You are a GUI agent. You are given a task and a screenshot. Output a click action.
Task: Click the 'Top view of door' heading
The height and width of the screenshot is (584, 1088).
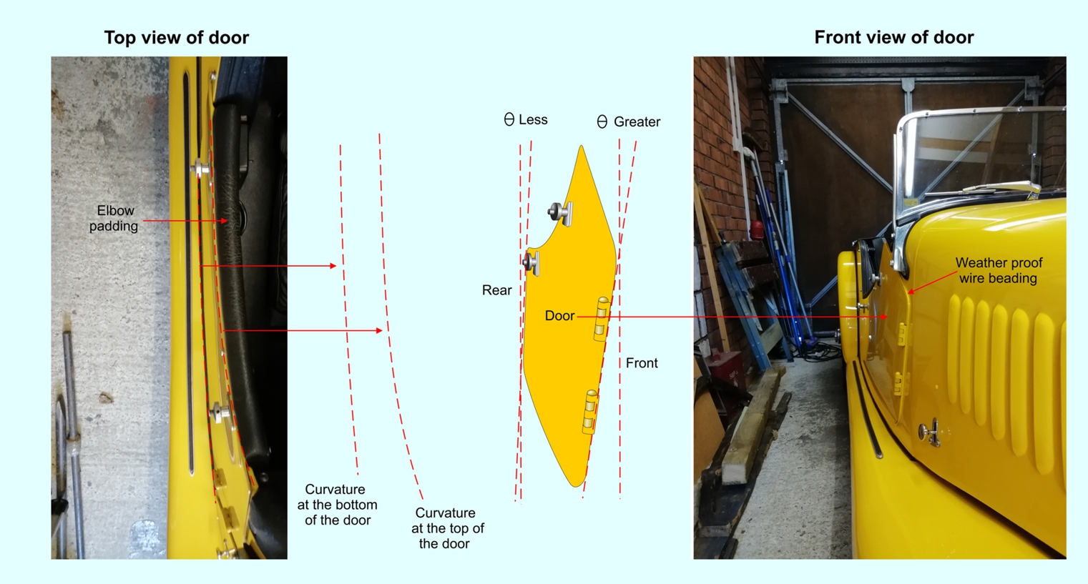(x=176, y=38)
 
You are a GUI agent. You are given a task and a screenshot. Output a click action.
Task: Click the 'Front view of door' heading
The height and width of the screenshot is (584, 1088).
(x=893, y=37)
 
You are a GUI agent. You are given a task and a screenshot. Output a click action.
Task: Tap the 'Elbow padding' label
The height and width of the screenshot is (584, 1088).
(x=114, y=218)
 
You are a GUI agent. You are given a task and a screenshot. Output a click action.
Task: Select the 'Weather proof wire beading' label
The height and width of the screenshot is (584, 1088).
(x=999, y=270)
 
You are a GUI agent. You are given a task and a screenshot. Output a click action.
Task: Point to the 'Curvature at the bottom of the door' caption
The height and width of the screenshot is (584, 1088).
(x=337, y=505)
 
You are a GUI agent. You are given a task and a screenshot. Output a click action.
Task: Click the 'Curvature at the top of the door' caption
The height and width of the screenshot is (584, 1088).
(x=447, y=528)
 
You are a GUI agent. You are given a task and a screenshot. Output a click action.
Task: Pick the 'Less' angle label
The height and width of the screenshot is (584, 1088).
(x=533, y=119)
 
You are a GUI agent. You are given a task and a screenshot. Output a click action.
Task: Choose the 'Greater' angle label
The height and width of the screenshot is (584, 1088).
(x=637, y=122)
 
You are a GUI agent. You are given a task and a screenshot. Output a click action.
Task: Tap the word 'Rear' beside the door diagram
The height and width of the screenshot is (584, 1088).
(x=496, y=289)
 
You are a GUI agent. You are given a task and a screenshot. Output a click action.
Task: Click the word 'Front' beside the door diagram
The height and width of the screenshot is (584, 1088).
(x=642, y=362)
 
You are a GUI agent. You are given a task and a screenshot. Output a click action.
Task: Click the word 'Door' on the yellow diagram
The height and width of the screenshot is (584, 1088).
(x=559, y=315)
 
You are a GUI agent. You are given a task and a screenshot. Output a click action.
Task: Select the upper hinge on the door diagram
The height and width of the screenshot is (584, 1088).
(x=602, y=319)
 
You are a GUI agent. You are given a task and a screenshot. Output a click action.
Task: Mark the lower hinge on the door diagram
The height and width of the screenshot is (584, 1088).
(x=590, y=412)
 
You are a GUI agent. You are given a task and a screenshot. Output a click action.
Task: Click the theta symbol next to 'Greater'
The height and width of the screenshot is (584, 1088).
(x=602, y=122)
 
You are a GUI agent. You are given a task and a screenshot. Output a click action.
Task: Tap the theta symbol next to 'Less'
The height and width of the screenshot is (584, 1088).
(x=509, y=119)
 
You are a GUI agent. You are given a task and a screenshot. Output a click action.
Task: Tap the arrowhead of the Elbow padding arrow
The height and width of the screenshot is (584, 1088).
(x=224, y=221)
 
